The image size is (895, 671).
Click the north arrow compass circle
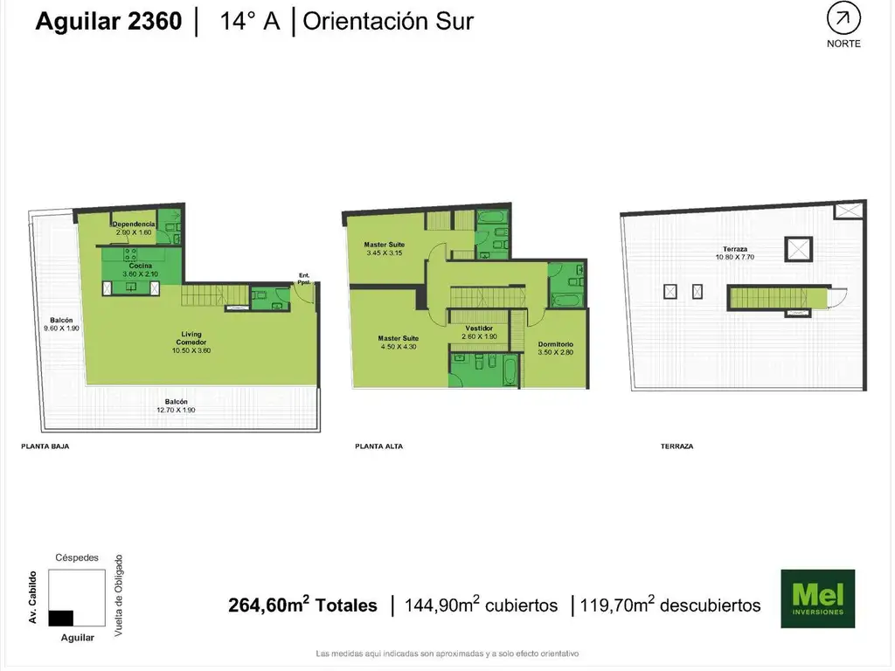[843, 19]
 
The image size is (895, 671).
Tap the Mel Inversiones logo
[817, 598]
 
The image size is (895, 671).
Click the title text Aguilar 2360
[108, 21]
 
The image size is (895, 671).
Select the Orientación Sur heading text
[388, 21]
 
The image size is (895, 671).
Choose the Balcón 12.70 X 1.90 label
[176, 405]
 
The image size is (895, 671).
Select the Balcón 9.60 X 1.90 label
[61, 324]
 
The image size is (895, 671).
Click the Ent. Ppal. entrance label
[304, 279]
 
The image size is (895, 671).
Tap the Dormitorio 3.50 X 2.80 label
[555, 348]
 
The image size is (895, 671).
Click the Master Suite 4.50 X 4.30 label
[399, 342]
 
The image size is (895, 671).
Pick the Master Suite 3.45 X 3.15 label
[385, 249]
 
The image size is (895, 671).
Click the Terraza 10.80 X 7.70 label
[734, 252]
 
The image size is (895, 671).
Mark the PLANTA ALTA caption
[379, 446]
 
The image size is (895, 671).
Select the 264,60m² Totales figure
[302, 605]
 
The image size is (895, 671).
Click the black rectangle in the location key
[61, 618]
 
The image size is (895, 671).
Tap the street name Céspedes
[77, 557]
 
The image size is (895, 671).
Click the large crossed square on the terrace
[799, 249]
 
